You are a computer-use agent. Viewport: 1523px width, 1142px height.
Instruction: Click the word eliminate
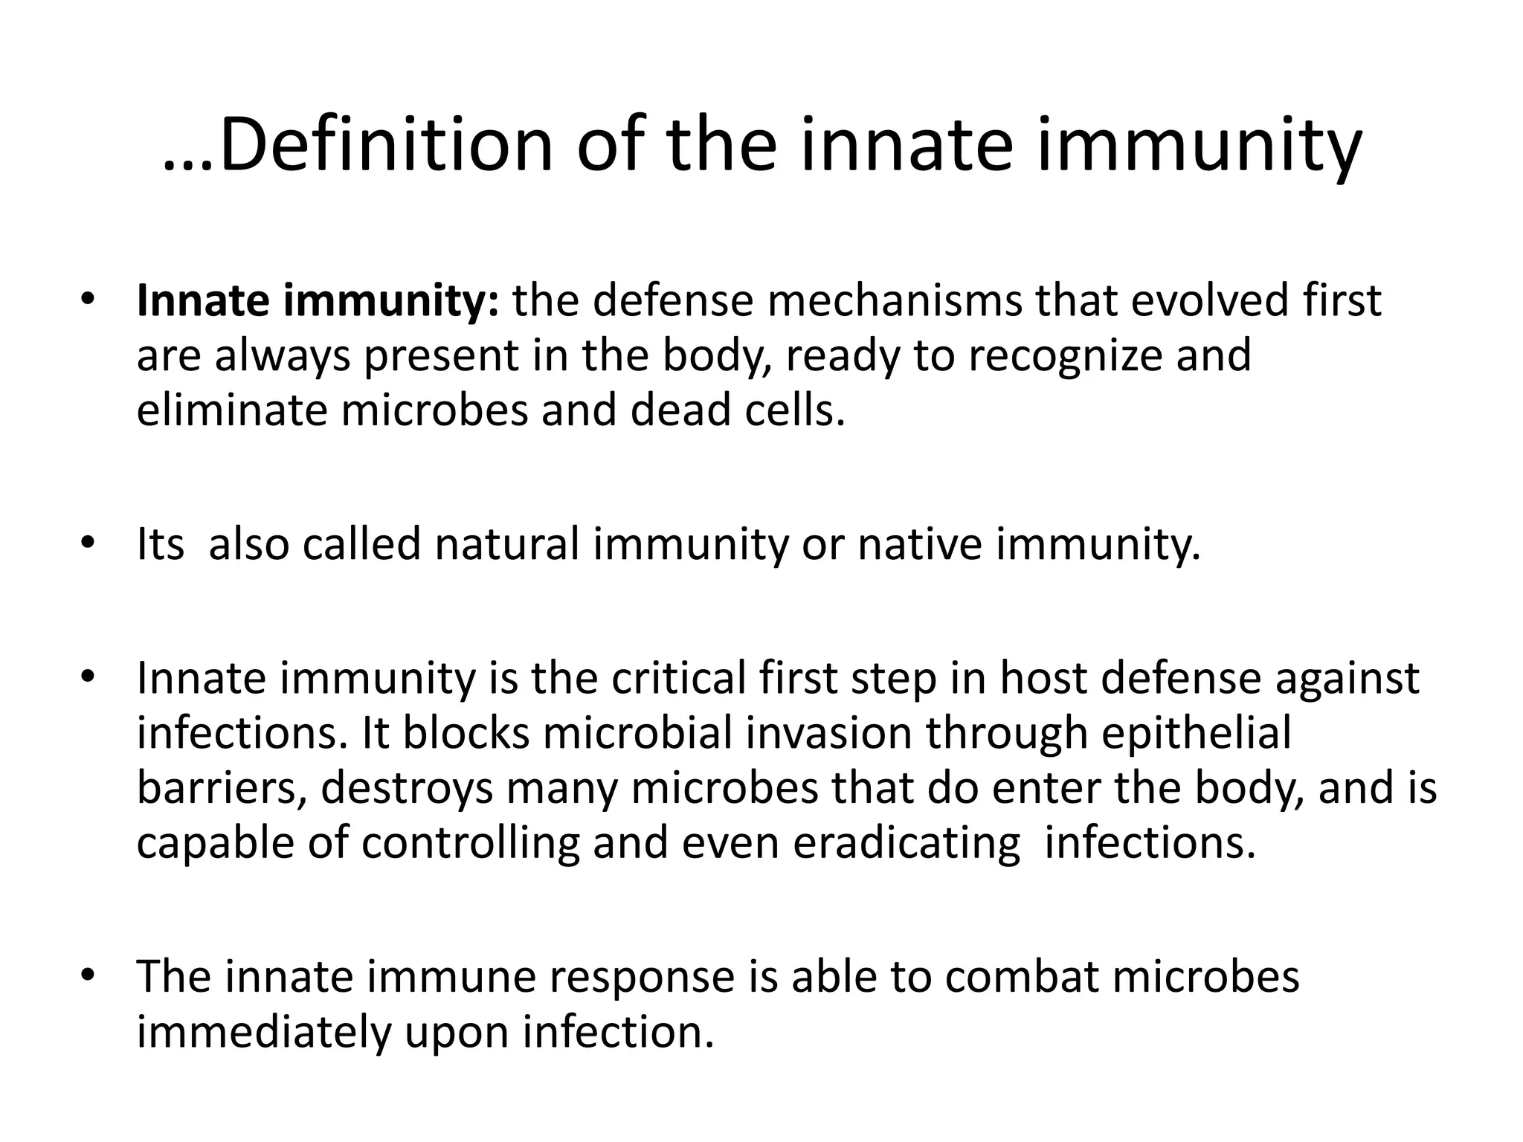coord(232,410)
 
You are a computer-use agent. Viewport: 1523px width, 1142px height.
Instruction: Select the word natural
coord(507,543)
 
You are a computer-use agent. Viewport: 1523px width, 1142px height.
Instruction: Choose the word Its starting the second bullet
coord(161,543)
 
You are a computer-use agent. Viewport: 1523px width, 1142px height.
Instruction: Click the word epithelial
coord(1196,733)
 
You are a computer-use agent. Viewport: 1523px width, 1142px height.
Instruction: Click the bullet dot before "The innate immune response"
coord(88,975)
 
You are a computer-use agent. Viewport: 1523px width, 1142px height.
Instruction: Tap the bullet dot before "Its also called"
coord(88,543)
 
